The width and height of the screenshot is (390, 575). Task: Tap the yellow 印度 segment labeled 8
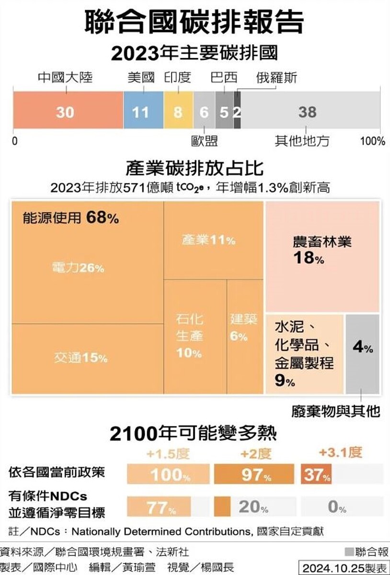point(178,112)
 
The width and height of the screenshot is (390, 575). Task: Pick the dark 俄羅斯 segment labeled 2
point(237,112)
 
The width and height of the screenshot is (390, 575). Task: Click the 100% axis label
point(372,141)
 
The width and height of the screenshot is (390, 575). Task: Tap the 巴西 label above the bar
point(224,78)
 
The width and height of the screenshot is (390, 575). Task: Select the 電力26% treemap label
point(78,268)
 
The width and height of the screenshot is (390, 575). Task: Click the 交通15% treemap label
point(80,357)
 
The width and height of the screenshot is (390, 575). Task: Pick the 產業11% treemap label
point(208,240)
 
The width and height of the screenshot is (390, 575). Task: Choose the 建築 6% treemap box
point(244,335)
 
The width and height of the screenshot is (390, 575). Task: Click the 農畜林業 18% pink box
point(322,256)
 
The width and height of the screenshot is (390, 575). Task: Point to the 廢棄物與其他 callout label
point(335,411)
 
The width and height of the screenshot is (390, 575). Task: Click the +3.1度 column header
point(341,452)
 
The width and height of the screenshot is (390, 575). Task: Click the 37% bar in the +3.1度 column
point(316,474)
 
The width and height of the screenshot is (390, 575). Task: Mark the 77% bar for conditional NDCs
point(159,507)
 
